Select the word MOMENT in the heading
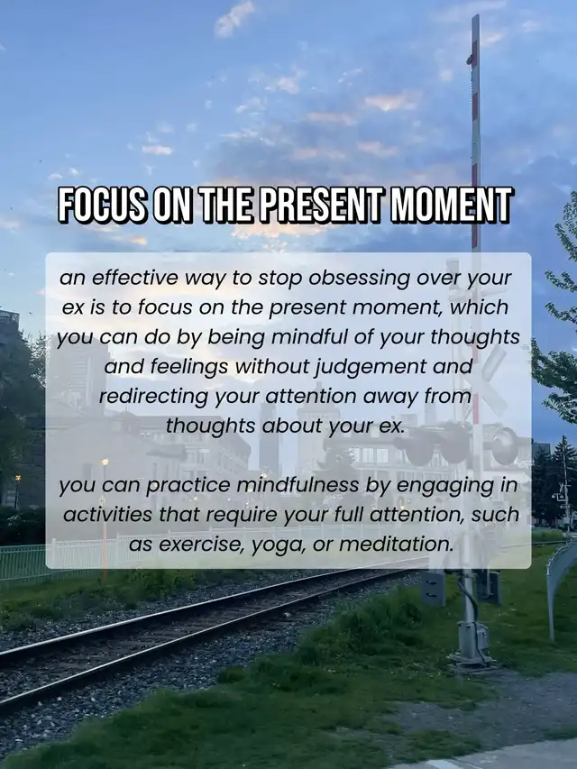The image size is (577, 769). [451, 205]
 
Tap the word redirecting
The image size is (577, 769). [154, 397]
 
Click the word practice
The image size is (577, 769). [188, 486]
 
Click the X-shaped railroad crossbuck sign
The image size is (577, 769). [486, 380]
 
